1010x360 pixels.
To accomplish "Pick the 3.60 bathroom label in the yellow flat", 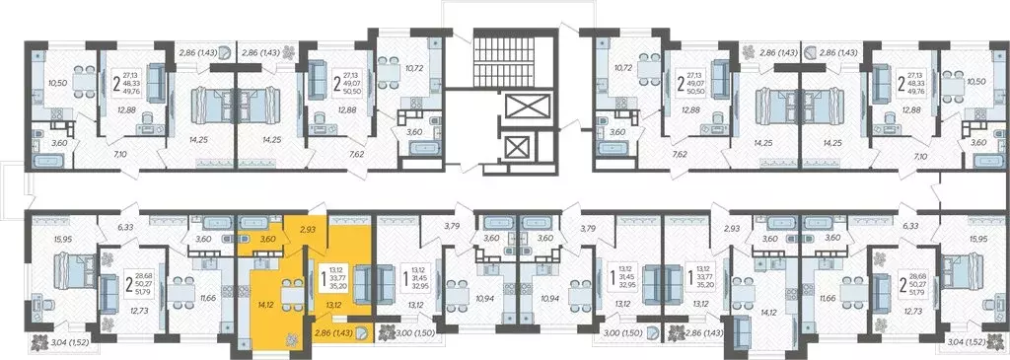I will coord(267,238).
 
